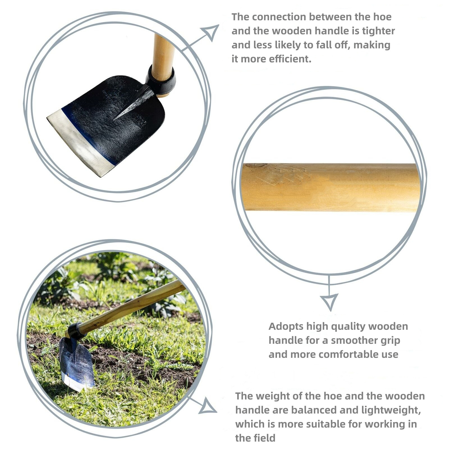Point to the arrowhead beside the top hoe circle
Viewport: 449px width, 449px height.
210,32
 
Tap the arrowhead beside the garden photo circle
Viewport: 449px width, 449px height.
208,406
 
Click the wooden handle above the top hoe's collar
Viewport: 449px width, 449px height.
163,58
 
